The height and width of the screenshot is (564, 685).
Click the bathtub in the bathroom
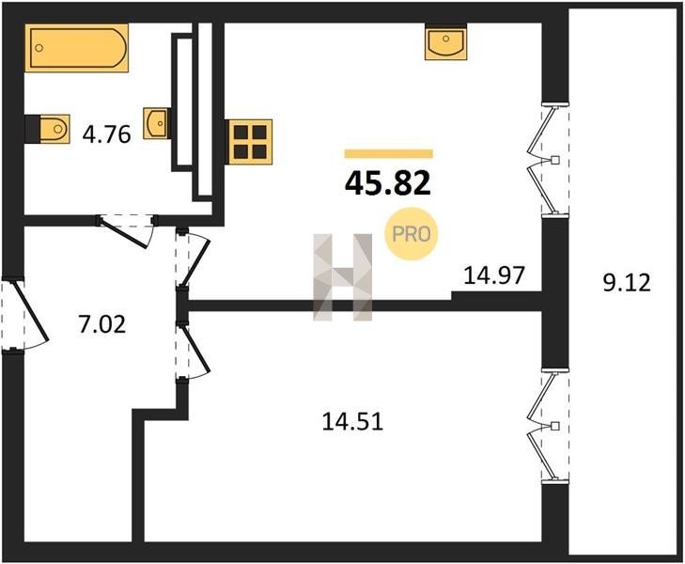[x=76, y=48]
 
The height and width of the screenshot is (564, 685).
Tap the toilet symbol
[x=54, y=129]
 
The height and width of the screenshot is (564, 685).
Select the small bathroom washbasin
[x=156, y=124]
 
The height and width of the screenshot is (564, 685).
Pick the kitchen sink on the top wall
[x=445, y=43]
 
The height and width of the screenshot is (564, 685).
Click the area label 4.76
[x=106, y=134]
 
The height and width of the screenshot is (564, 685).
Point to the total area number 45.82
[x=388, y=183]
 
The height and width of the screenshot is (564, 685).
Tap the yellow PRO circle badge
[x=411, y=234]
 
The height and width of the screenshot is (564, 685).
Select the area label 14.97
[x=493, y=275]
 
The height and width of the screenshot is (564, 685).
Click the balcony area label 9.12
[x=627, y=283]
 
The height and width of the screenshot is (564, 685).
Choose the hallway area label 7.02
[x=101, y=324]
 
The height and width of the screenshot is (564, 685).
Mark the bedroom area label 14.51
[x=352, y=422]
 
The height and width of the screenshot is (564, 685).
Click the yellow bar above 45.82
[x=389, y=153]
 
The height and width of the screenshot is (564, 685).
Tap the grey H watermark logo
[x=343, y=277]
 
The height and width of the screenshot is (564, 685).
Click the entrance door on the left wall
[x=31, y=311]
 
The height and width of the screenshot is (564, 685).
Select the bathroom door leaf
[x=124, y=234]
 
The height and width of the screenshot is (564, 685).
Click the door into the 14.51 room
[x=195, y=349]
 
